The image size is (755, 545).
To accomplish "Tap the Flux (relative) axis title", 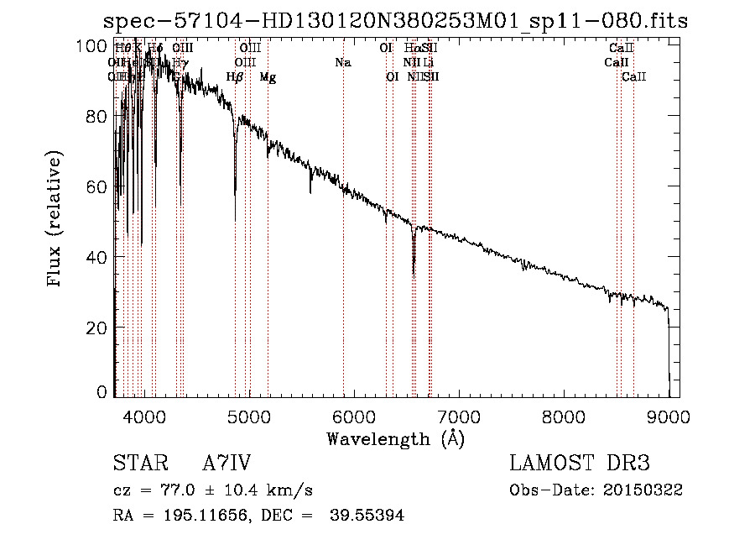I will click(x=56, y=220).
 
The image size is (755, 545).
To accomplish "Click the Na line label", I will click(x=342, y=62).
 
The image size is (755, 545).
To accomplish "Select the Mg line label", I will click(x=268, y=77).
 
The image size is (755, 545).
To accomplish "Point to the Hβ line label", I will click(x=235, y=77).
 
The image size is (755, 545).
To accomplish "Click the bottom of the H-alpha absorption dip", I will click(x=414, y=274).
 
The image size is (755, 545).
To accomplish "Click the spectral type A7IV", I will click(x=226, y=464).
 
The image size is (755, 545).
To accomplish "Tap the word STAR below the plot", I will click(x=140, y=464).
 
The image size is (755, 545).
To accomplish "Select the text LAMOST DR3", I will click(x=580, y=464).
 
